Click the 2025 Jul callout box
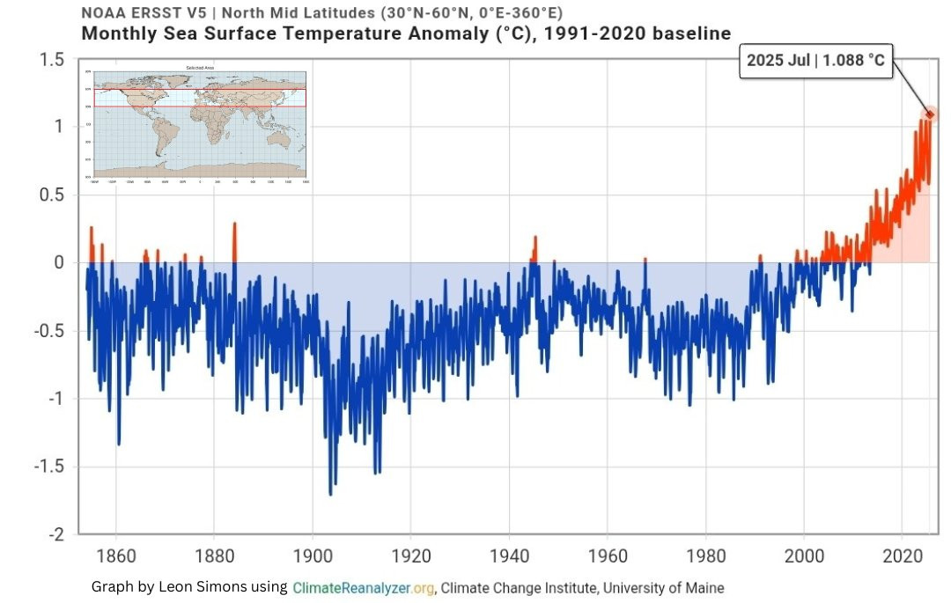tap(815, 61)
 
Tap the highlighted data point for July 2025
tap(929, 114)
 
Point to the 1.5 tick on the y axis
tap(51, 60)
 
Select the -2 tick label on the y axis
tap(55, 535)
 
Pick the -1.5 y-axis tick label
tap(48, 467)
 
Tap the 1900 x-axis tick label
tap(312, 556)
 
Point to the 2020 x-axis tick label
tap(903, 556)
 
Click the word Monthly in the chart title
tap(119, 34)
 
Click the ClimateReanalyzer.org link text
tap(364, 587)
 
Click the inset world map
tap(200, 124)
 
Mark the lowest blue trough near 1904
tap(331, 494)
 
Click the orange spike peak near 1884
tap(234, 224)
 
